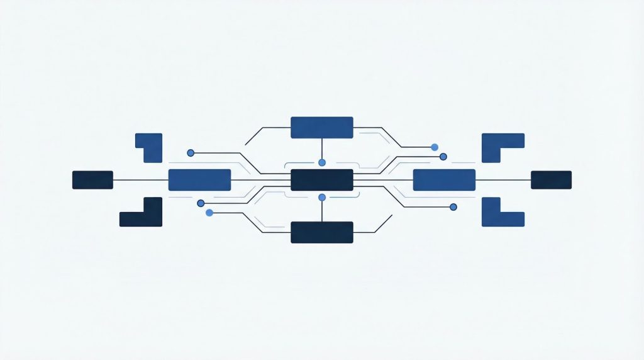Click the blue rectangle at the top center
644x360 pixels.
[321, 127]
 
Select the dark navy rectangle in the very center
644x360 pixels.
[321, 180]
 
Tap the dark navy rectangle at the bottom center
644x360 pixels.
[321, 232]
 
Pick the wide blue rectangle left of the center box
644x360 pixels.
[199, 180]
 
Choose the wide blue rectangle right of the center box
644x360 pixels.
[444, 180]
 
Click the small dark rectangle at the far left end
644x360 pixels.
[92, 180]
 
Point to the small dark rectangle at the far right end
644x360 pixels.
[551, 180]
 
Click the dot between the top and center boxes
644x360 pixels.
[322, 162]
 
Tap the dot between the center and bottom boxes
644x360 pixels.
[322, 198]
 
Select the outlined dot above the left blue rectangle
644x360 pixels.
[191, 152]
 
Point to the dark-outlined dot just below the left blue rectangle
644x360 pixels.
[201, 203]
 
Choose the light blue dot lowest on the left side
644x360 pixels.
[209, 213]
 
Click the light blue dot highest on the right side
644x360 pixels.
[435, 147]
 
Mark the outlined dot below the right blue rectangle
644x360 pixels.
[453, 206]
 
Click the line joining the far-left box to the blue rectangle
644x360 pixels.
[141, 180]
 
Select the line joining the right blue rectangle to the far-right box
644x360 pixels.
[503, 180]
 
